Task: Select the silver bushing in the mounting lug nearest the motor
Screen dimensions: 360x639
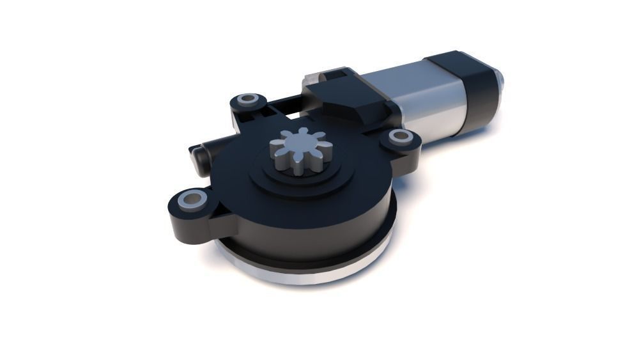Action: point(401,136)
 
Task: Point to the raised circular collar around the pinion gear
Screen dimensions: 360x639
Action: point(300,182)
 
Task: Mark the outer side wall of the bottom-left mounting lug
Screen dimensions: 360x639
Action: point(185,227)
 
